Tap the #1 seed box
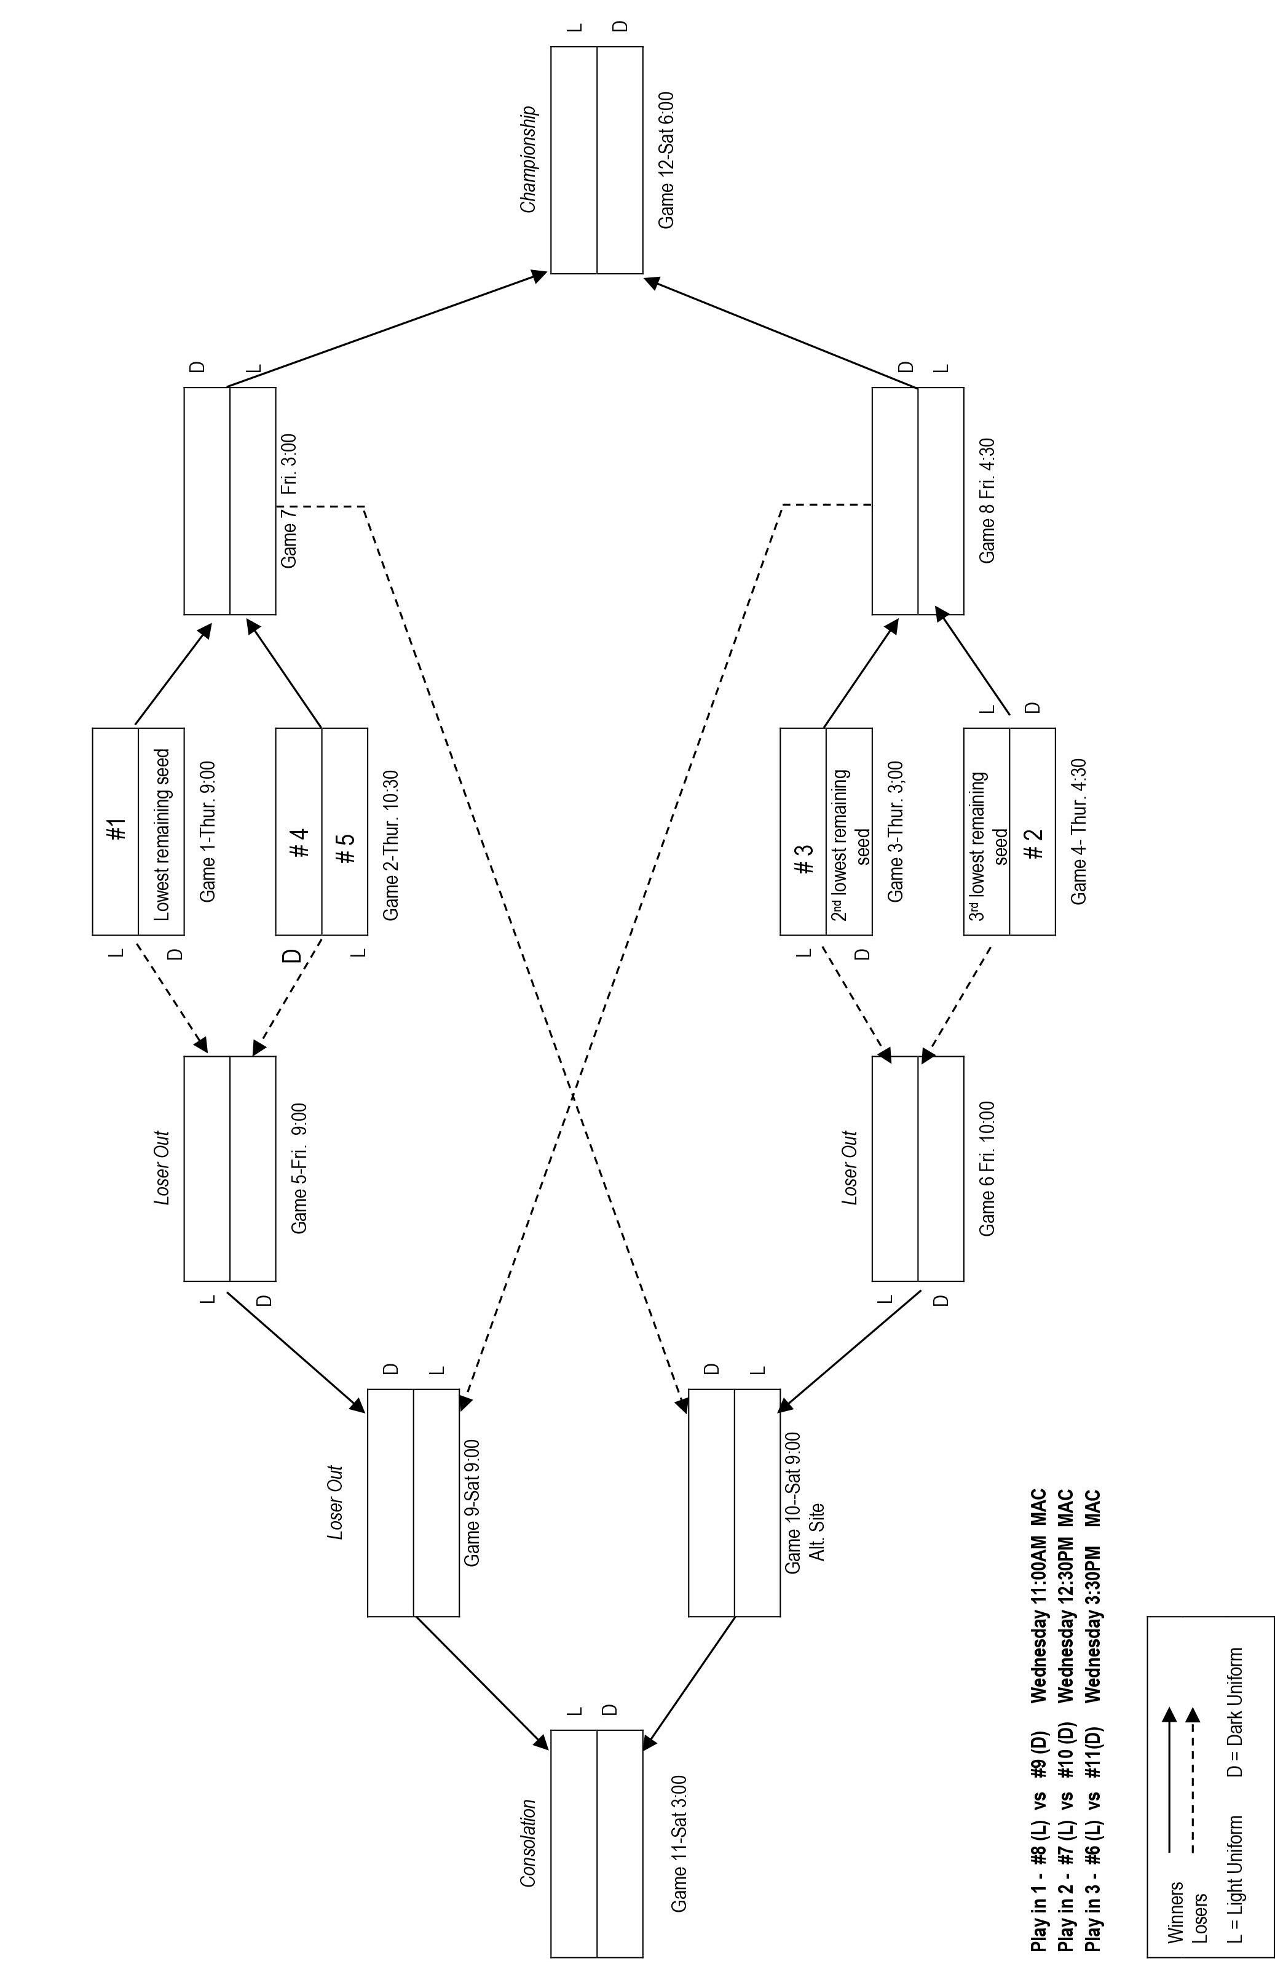click(116, 830)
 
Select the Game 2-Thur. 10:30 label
click(391, 845)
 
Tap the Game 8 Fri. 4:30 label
click(987, 501)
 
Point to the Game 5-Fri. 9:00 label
click(299, 1167)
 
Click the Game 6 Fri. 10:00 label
click(987, 1167)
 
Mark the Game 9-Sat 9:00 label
click(472, 1502)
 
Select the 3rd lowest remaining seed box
click(987, 830)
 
